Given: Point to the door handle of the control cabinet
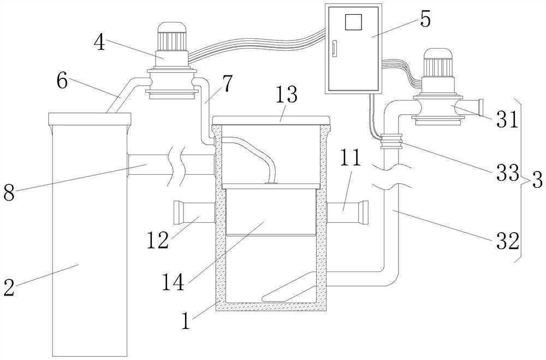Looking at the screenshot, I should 335,50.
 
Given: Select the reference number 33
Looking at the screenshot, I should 507,173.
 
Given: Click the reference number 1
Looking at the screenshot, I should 186,321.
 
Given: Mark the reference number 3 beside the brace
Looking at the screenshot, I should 537,180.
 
